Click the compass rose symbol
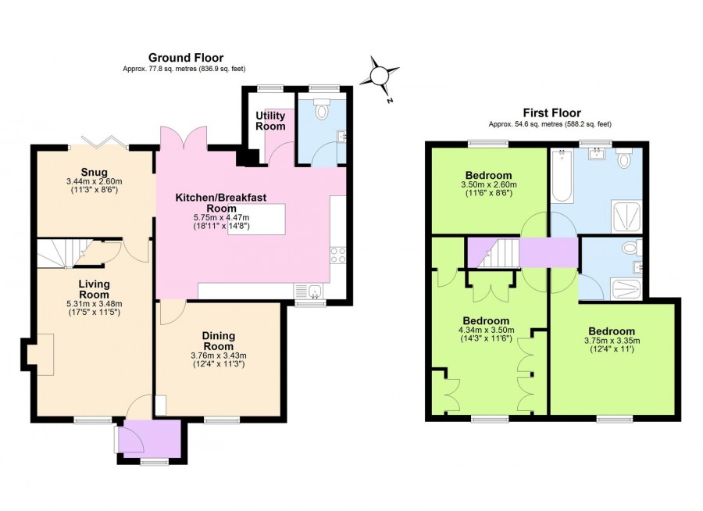coord(380,77)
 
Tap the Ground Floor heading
coord(186,58)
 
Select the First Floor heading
coord(550,113)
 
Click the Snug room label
coord(94,173)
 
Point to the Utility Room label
coord(270,120)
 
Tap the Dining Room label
coord(219,341)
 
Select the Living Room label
coord(94,288)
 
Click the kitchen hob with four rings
coord(338,254)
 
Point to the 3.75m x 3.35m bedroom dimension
coord(612,341)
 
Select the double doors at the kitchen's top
coord(184,139)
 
